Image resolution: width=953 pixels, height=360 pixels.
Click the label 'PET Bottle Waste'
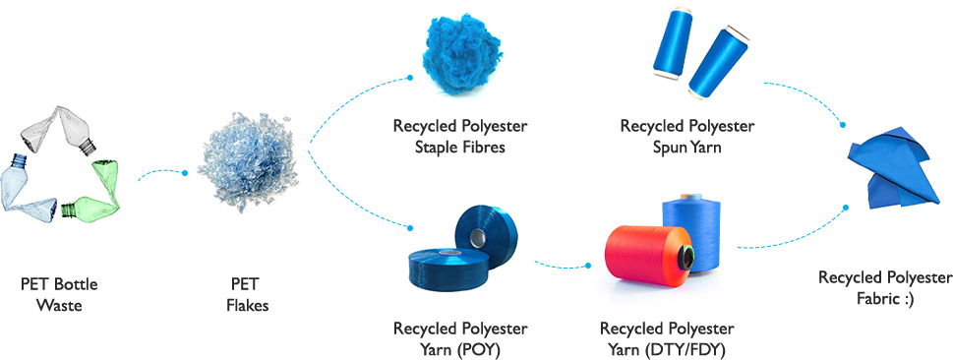(x=59, y=295)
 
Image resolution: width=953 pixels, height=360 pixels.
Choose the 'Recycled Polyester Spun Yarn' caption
(x=687, y=136)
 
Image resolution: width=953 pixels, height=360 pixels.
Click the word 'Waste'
(x=59, y=305)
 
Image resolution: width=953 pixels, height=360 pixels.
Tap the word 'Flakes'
(x=247, y=305)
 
